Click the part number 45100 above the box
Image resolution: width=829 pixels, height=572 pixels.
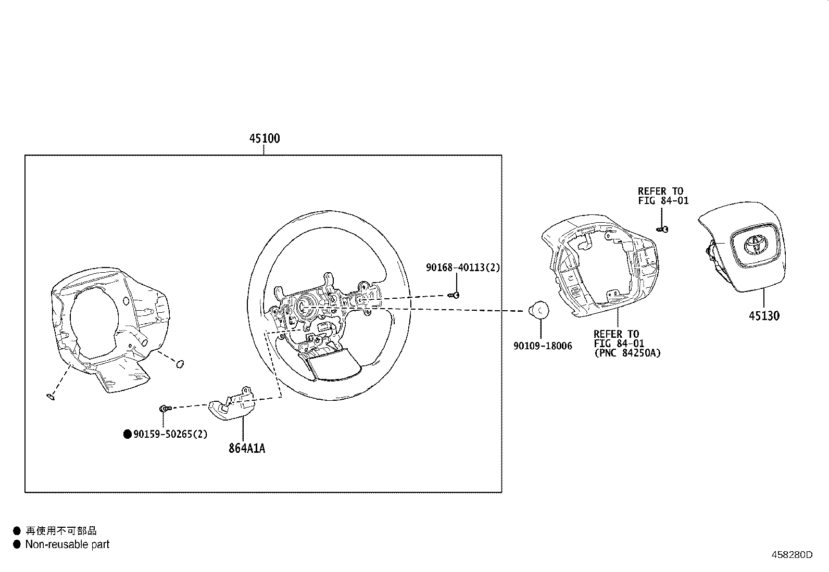pos(264,138)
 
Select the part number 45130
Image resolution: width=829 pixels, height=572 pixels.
pos(764,315)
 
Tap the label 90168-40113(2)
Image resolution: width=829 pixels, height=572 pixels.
pos(462,268)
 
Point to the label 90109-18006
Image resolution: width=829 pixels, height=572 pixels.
pos(543,346)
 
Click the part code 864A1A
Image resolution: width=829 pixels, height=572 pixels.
pos(247,448)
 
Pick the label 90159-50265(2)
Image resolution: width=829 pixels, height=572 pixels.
pos(170,434)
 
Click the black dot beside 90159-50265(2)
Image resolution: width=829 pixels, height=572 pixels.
pos(127,434)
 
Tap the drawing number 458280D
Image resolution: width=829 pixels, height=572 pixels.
pos(792,555)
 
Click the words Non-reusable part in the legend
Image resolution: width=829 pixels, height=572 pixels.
pos(67,544)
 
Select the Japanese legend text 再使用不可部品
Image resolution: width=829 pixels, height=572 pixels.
pos(61,530)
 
